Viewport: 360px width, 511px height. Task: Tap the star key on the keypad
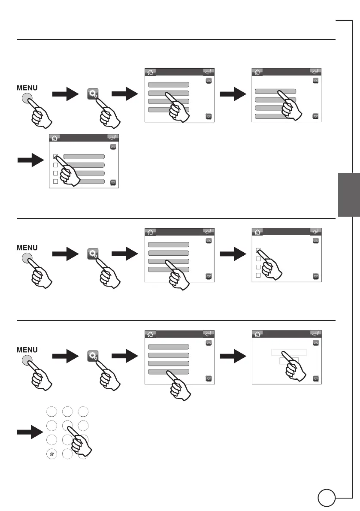click(x=51, y=454)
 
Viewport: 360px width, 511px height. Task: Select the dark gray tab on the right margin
click(x=348, y=195)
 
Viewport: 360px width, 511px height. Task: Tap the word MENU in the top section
click(x=27, y=88)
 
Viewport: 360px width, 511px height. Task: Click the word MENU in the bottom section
click(x=27, y=349)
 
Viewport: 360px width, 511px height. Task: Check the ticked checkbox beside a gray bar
click(x=55, y=157)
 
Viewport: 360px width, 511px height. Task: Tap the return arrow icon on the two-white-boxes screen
click(x=315, y=333)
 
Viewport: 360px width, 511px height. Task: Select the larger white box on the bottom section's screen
click(x=289, y=353)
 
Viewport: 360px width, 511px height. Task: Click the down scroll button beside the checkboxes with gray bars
click(x=113, y=182)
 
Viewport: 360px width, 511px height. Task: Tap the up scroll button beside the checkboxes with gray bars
click(x=113, y=146)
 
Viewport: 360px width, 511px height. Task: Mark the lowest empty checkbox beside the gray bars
click(x=55, y=182)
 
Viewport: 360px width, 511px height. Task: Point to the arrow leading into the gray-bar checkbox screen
click(x=30, y=160)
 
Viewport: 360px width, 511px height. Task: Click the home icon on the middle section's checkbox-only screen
click(x=257, y=231)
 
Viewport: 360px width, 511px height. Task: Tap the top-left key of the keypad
click(x=51, y=411)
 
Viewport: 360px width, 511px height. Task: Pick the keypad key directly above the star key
click(x=51, y=440)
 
